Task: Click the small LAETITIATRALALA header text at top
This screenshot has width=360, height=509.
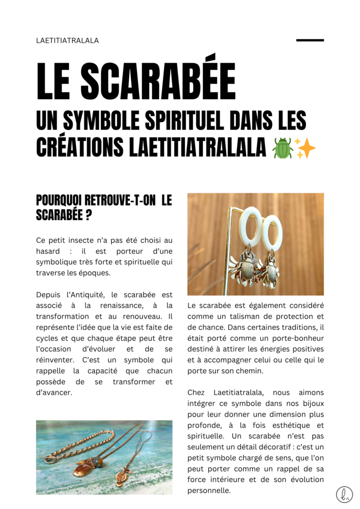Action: [x=68, y=41]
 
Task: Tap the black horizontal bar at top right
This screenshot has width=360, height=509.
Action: [x=310, y=40]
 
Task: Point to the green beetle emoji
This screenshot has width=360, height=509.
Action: [x=282, y=148]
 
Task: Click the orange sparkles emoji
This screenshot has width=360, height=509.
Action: [x=305, y=148]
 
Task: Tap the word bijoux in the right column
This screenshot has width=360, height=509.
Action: [x=311, y=404]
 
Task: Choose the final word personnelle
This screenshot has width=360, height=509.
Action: [x=209, y=491]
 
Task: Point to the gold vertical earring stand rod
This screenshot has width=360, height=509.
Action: [x=230, y=249]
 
